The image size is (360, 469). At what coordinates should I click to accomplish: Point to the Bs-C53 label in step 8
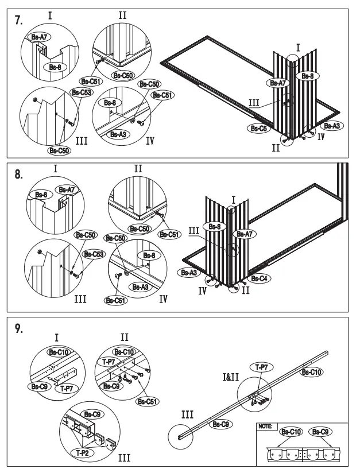point(92,254)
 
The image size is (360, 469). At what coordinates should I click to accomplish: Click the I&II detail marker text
point(234,378)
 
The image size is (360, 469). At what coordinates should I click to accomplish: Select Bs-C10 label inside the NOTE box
point(291,431)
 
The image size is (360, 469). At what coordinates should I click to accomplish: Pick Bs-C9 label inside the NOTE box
point(320,431)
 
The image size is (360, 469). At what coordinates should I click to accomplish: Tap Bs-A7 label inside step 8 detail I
point(65,189)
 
